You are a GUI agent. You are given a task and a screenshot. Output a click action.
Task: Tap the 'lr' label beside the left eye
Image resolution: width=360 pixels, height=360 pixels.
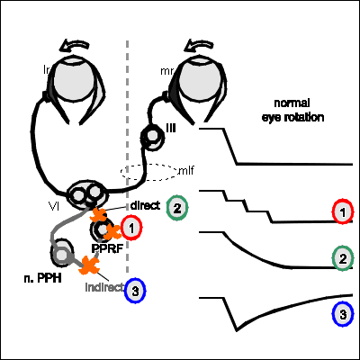tap(47, 70)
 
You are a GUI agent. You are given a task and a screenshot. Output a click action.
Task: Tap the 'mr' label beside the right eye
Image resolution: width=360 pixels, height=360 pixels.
tap(166, 71)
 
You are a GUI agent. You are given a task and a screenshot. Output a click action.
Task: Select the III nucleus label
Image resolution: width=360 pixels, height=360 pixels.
tap(171, 129)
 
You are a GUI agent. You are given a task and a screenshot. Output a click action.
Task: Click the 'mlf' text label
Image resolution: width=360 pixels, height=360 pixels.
tap(186, 171)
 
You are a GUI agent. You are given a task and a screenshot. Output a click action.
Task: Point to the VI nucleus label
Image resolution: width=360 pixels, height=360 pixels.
tap(53, 206)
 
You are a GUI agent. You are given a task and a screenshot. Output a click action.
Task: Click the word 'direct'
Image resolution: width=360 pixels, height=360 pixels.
tap(145, 206)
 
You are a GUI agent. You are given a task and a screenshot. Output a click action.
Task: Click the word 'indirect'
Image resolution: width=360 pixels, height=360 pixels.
tap(104, 287)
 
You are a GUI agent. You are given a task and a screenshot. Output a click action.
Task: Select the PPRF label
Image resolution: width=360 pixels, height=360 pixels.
tap(107, 248)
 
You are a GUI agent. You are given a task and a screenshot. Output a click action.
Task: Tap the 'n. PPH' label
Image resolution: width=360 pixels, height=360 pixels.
tap(42, 278)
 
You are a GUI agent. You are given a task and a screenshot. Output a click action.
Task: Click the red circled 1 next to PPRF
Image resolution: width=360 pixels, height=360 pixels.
tap(131, 228)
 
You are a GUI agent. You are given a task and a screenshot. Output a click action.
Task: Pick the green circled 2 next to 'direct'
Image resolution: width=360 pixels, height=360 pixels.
tap(177, 208)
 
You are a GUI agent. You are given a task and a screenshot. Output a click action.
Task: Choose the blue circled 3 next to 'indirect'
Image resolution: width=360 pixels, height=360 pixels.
tap(135, 291)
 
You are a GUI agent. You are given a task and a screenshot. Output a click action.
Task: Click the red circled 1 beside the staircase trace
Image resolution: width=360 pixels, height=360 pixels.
tap(343, 212)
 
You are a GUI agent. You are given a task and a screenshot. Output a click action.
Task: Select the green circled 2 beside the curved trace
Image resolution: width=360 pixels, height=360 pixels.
tap(343, 258)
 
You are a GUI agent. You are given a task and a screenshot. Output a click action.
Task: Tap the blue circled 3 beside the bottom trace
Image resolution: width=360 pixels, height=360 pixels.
tap(343, 314)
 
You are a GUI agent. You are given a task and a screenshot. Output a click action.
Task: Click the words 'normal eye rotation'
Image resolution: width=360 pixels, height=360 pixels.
tap(292, 110)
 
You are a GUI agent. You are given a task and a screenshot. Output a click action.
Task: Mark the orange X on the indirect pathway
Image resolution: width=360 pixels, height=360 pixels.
tap(89, 265)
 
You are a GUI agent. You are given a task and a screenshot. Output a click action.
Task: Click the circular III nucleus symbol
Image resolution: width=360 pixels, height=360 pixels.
tap(153, 137)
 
